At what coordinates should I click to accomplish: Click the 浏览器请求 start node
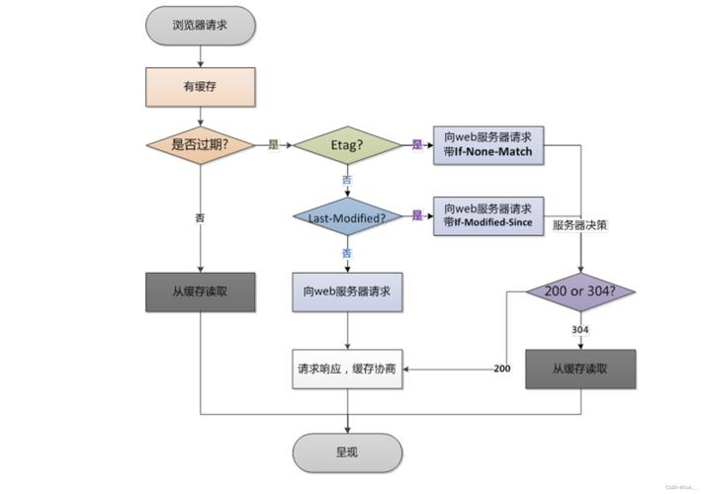[x=201, y=25]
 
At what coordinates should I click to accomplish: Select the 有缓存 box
[x=201, y=87]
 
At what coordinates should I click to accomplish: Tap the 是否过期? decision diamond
[x=201, y=144]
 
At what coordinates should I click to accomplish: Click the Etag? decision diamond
[x=347, y=145]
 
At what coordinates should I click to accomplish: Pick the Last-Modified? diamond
[x=347, y=216]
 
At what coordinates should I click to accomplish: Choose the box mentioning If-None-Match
[x=488, y=145]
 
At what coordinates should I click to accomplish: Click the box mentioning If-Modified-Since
[x=488, y=215]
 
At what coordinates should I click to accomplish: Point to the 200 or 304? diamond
[x=580, y=291]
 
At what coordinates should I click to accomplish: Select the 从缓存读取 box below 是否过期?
[x=201, y=291]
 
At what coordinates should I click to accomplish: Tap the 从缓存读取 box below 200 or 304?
[x=580, y=369]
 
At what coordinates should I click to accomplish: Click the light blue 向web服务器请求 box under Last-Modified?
[x=347, y=291]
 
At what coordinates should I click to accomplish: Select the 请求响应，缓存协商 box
[x=347, y=369]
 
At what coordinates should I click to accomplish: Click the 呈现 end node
[x=347, y=453]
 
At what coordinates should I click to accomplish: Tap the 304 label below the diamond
[x=580, y=329]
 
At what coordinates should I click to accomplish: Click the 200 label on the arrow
[x=501, y=369]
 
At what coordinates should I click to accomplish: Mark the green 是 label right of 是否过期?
[x=273, y=145]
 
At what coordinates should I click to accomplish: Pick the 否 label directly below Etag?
[x=347, y=180]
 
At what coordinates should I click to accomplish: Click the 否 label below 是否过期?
[x=201, y=216]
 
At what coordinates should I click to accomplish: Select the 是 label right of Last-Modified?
[x=416, y=215]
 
